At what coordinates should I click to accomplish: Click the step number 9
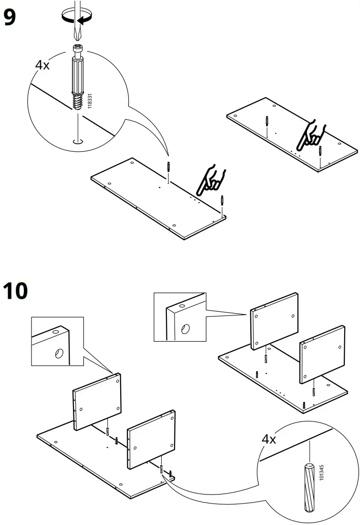click(10, 18)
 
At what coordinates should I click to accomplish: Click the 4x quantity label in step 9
click(42, 65)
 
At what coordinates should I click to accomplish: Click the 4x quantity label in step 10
click(269, 439)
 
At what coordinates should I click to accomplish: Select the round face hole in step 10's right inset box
click(185, 328)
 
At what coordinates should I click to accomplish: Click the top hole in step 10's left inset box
click(55, 331)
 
